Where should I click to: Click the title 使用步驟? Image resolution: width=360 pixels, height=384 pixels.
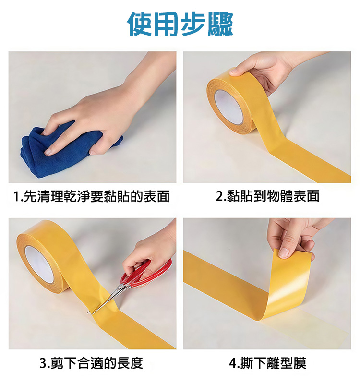tap(180, 24)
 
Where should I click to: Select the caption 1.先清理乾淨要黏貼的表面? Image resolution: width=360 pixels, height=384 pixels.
tap(91, 196)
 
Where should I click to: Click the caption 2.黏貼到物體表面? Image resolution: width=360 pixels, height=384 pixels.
tap(267, 196)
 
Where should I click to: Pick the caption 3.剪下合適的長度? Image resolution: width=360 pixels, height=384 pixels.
tap(91, 363)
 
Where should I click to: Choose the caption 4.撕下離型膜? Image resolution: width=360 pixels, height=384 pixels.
tap(267, 363)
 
